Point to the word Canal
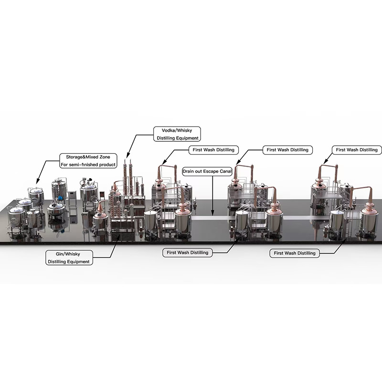(x=223, y=170)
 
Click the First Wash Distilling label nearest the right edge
(x=357, y=149)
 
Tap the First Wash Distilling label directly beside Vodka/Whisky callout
(x=213, y=149)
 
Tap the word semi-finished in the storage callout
(x=82, y=165)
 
